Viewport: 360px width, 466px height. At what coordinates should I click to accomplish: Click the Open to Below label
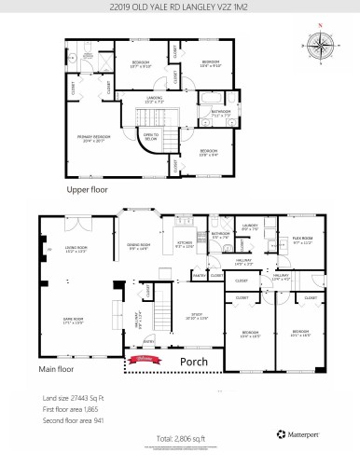(x=149, y=136)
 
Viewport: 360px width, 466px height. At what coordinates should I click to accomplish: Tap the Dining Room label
(x=139, y=246)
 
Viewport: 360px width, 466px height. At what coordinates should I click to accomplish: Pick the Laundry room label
(x=249, y=226)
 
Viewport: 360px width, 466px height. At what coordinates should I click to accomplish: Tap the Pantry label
(x=198, y=276)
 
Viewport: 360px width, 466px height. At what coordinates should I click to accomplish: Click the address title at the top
(x=179, y=10)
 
